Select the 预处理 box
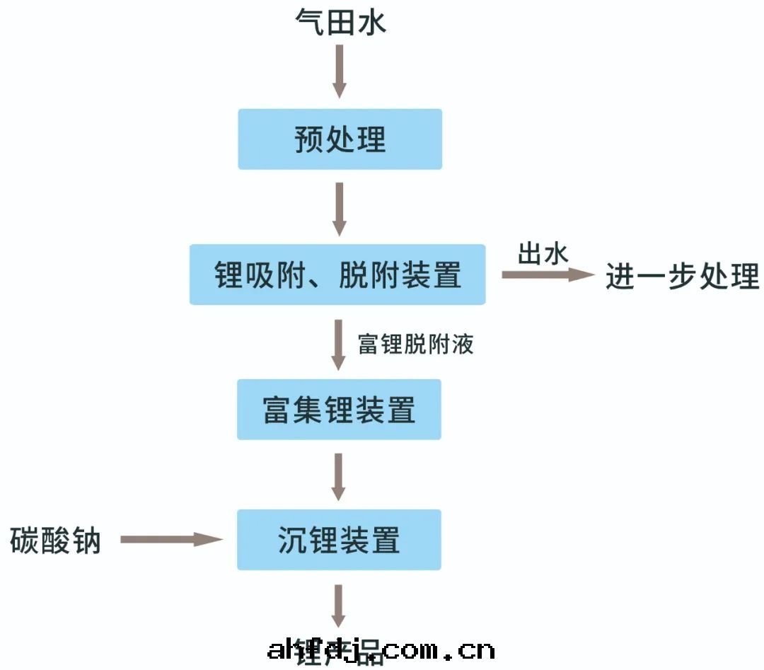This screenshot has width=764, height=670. (340, 139)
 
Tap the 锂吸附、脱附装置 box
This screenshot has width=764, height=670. (337, 275)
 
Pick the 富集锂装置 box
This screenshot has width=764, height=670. (339, 410)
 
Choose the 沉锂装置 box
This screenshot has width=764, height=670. (339, 540)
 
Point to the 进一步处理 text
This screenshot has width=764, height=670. (682, 276)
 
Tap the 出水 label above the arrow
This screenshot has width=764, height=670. (543, 253)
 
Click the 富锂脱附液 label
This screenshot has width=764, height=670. (415, 344)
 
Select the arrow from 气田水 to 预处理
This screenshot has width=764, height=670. (340, 71)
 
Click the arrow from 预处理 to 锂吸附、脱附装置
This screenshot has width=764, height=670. (340, 208)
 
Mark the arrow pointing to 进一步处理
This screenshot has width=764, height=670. (548, 275)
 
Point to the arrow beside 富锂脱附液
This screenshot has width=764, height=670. (339, 345)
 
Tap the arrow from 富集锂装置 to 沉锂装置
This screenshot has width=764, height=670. (339, 476)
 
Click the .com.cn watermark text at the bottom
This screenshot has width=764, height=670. (438, 649)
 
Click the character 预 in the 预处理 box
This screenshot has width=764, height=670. (309, 139)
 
